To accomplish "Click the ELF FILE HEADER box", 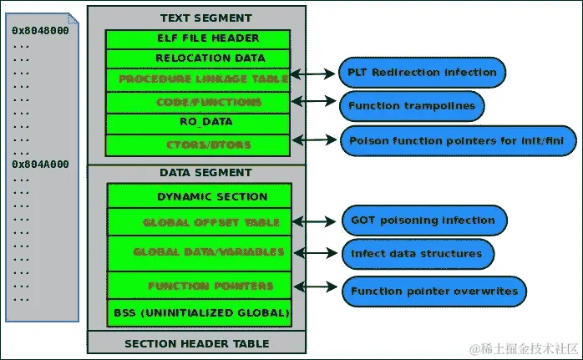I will point(198,39).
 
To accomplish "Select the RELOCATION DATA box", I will point(198,58).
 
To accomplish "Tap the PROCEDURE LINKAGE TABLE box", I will point(198,79).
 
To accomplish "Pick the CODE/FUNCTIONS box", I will point(198,102).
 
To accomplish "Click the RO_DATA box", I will point(198,122).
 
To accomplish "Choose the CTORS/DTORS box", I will point(198,145).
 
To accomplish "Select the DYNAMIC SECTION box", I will point(200,197).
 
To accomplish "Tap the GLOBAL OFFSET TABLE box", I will point(200,222).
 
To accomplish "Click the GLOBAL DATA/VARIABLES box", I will point(200,251).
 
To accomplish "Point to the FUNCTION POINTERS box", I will point(200,286).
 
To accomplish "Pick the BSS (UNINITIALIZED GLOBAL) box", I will point(200,314).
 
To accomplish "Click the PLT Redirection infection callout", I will point(423,73).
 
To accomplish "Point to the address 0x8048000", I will point(40,31).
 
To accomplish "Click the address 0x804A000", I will point(40,165).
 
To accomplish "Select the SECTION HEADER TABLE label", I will point(196,343).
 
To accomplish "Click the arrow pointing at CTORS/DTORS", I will point(317,141).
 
